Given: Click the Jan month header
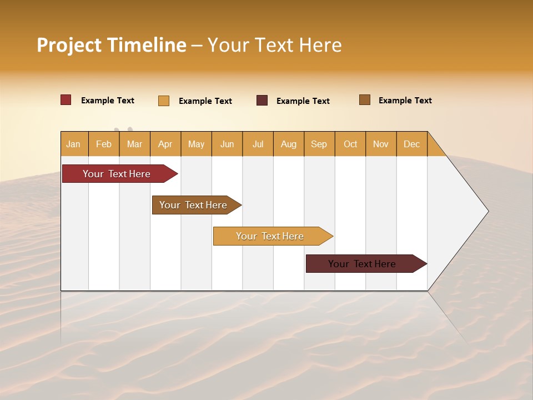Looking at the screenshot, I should coord(74,144).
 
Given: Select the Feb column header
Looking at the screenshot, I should coord(104,144).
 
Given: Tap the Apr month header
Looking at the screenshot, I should coord(165,144).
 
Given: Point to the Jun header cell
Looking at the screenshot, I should coord(227,144).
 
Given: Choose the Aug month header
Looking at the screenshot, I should coord(289,144).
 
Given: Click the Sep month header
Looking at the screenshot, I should coord(319,144).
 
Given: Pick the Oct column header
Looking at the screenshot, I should coord(350,144).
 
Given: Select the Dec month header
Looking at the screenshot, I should coord(412,144).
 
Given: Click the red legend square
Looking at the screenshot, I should coord(66,100).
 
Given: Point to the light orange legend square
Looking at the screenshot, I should coord(164,101).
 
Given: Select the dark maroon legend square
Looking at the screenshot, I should coord(262,101).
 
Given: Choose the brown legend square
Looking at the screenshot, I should coord(365,100).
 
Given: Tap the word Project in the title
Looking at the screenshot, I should coord(69,45).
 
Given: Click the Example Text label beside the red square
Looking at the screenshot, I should coord(108,101).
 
